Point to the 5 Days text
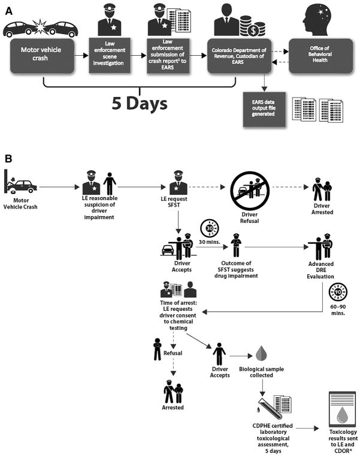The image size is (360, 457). [x=140, y=103]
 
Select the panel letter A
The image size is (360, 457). [x=8, y=8]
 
